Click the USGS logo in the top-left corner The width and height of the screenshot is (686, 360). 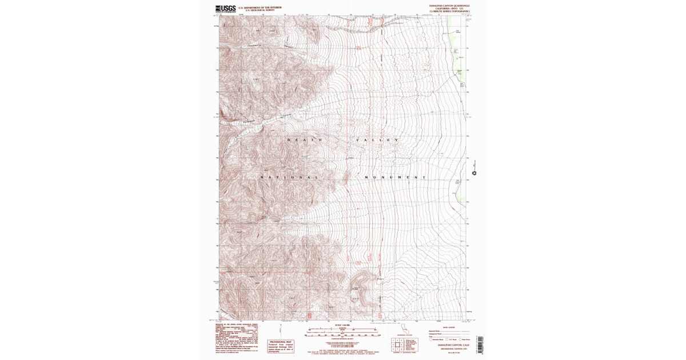coord(225,9)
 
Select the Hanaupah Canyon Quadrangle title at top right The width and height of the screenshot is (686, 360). coord(449,5)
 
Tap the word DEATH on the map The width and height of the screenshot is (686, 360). coord(305,140)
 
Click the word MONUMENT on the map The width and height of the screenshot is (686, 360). coord(395,178)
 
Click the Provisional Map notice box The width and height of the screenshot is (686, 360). coord(282,345)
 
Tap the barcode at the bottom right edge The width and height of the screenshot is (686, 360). coord(479,342)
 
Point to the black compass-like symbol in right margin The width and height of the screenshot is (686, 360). coord(474,173)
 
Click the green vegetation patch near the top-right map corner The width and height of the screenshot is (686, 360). coord(454,34)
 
